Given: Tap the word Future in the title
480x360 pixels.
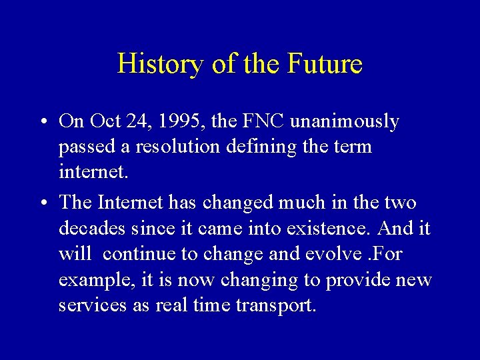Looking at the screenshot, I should (x=325, y=65).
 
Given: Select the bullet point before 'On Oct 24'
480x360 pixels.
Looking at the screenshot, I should (x=41, y=122).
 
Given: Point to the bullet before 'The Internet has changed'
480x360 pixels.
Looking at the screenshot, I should (x=41, y=203).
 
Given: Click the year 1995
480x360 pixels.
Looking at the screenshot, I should (x=189, y=121).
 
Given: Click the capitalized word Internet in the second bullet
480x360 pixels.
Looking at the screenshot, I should (x=131, y=201).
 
